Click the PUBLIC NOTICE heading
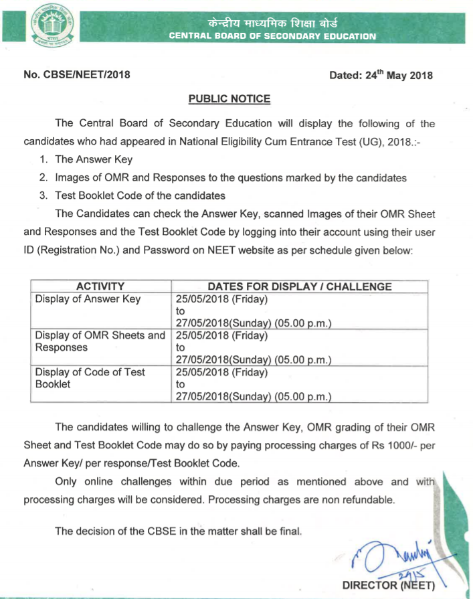[229, 99]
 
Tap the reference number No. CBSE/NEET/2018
[77, 75]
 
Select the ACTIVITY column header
[100, 286]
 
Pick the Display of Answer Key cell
[88, 299]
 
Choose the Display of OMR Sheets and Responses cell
[100, 341]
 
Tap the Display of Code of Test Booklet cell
[90, 378]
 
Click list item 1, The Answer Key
[94, 159]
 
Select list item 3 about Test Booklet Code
[140, 195]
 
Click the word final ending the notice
[291, 531]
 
